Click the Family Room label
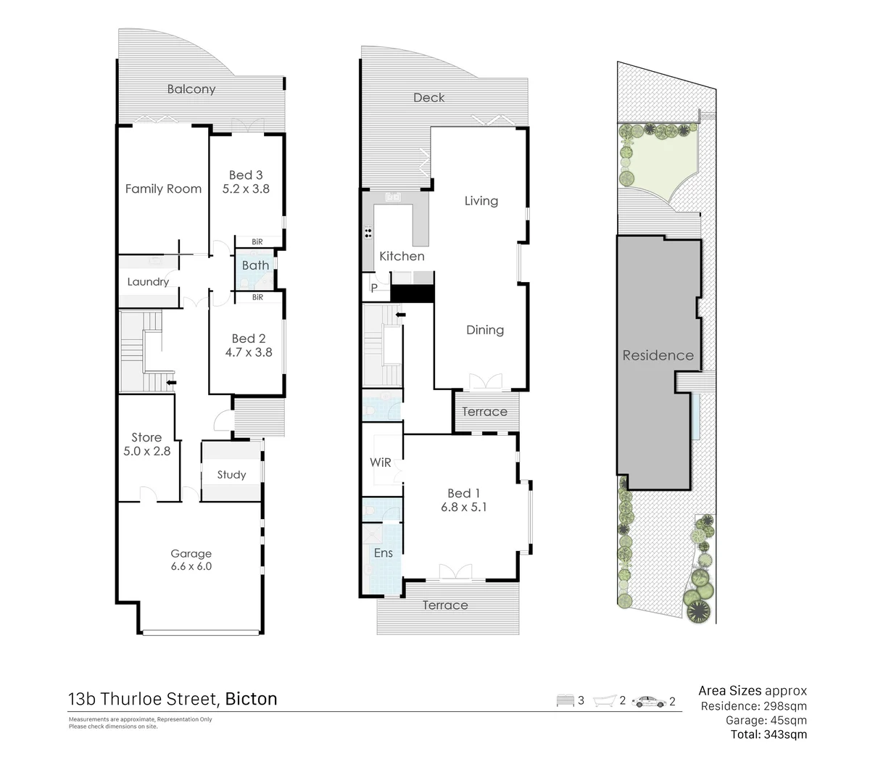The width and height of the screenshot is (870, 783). click(163, 188)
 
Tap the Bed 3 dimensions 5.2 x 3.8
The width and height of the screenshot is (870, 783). click(246, 188)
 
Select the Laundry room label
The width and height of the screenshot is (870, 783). click(148, 282)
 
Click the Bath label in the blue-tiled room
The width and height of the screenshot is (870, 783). click(255, 265)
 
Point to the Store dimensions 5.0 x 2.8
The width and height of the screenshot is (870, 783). click(146, 451)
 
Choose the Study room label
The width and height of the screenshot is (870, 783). click(231, 475)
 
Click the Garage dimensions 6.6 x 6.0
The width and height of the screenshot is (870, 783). click(191, 566)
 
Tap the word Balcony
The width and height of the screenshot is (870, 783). click(191, 89)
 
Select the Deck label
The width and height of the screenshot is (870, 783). click(428, 97)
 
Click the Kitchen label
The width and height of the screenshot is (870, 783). click(402, 256)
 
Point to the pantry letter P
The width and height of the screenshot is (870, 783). click(374, 288)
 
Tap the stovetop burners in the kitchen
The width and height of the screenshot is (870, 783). click(368, 233)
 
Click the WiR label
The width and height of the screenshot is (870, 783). click(381, 463)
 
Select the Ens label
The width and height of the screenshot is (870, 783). click(383, 553)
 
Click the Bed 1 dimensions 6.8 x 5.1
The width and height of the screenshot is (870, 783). click(464, 507)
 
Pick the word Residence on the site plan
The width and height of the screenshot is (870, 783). click(658, 355)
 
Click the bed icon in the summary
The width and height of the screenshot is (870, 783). click(565, 700)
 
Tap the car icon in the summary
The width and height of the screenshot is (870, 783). click(649, 701)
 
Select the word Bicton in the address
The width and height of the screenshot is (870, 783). click(251, 699)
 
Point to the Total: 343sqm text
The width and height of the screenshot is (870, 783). click(768, 734)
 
